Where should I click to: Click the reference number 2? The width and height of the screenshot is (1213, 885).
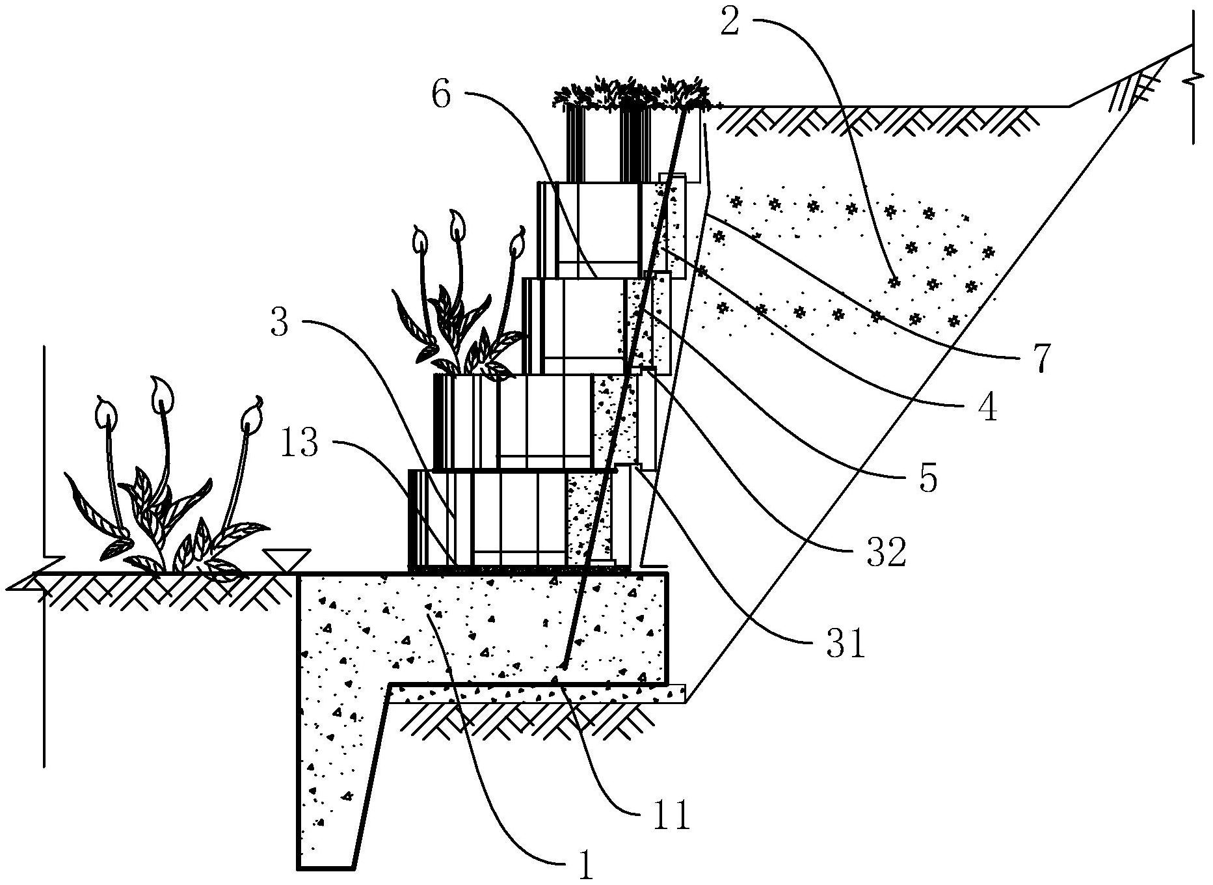(731, 24)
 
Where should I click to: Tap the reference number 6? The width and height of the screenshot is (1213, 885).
(440, 95)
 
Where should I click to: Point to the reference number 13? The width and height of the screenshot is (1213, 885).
(300, 444)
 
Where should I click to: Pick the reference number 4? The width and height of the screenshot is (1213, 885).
(987, 409)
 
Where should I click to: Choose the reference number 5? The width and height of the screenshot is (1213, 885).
(928, 479)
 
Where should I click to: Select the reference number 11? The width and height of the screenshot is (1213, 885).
(672, 815)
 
